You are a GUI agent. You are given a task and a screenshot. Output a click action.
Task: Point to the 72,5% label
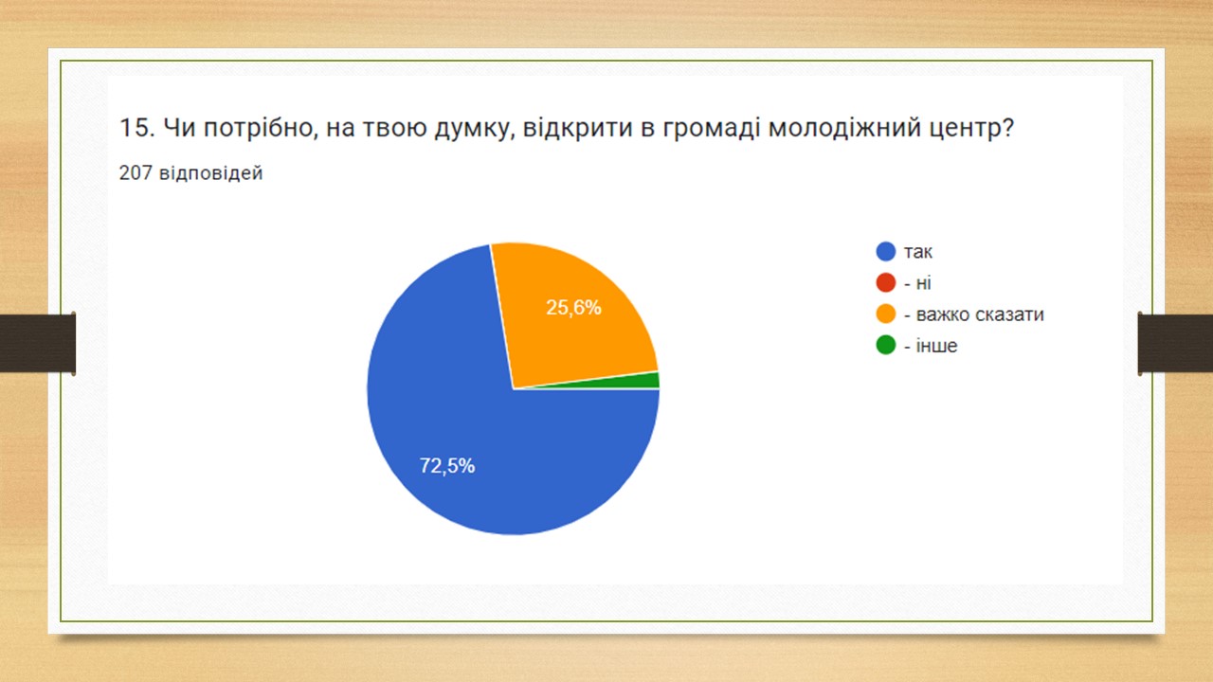point(447,465)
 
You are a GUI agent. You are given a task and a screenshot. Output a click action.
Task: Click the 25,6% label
point(573,308)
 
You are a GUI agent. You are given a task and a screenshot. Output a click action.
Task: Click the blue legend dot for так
point(886,251)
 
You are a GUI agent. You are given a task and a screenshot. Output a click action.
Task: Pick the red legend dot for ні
point(886,282)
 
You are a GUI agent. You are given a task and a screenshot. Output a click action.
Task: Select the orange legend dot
point(886,314)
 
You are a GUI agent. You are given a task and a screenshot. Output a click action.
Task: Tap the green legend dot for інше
point(886,346)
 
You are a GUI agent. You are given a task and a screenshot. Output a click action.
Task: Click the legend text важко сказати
point(980,314)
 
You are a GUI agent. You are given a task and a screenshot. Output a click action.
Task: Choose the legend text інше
point(936,346)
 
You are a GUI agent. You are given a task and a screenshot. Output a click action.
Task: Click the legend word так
point(918,252)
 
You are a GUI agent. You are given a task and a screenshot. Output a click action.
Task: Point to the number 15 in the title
point(134,128)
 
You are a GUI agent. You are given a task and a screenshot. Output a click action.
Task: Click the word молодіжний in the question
point(844,128)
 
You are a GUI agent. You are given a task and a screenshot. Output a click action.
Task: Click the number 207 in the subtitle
point(136,172)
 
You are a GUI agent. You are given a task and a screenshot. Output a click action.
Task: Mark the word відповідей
point(210,173)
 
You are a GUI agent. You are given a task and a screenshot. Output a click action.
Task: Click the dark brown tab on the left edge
point(37,343)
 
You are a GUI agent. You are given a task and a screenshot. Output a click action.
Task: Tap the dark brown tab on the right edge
point(1175,343)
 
